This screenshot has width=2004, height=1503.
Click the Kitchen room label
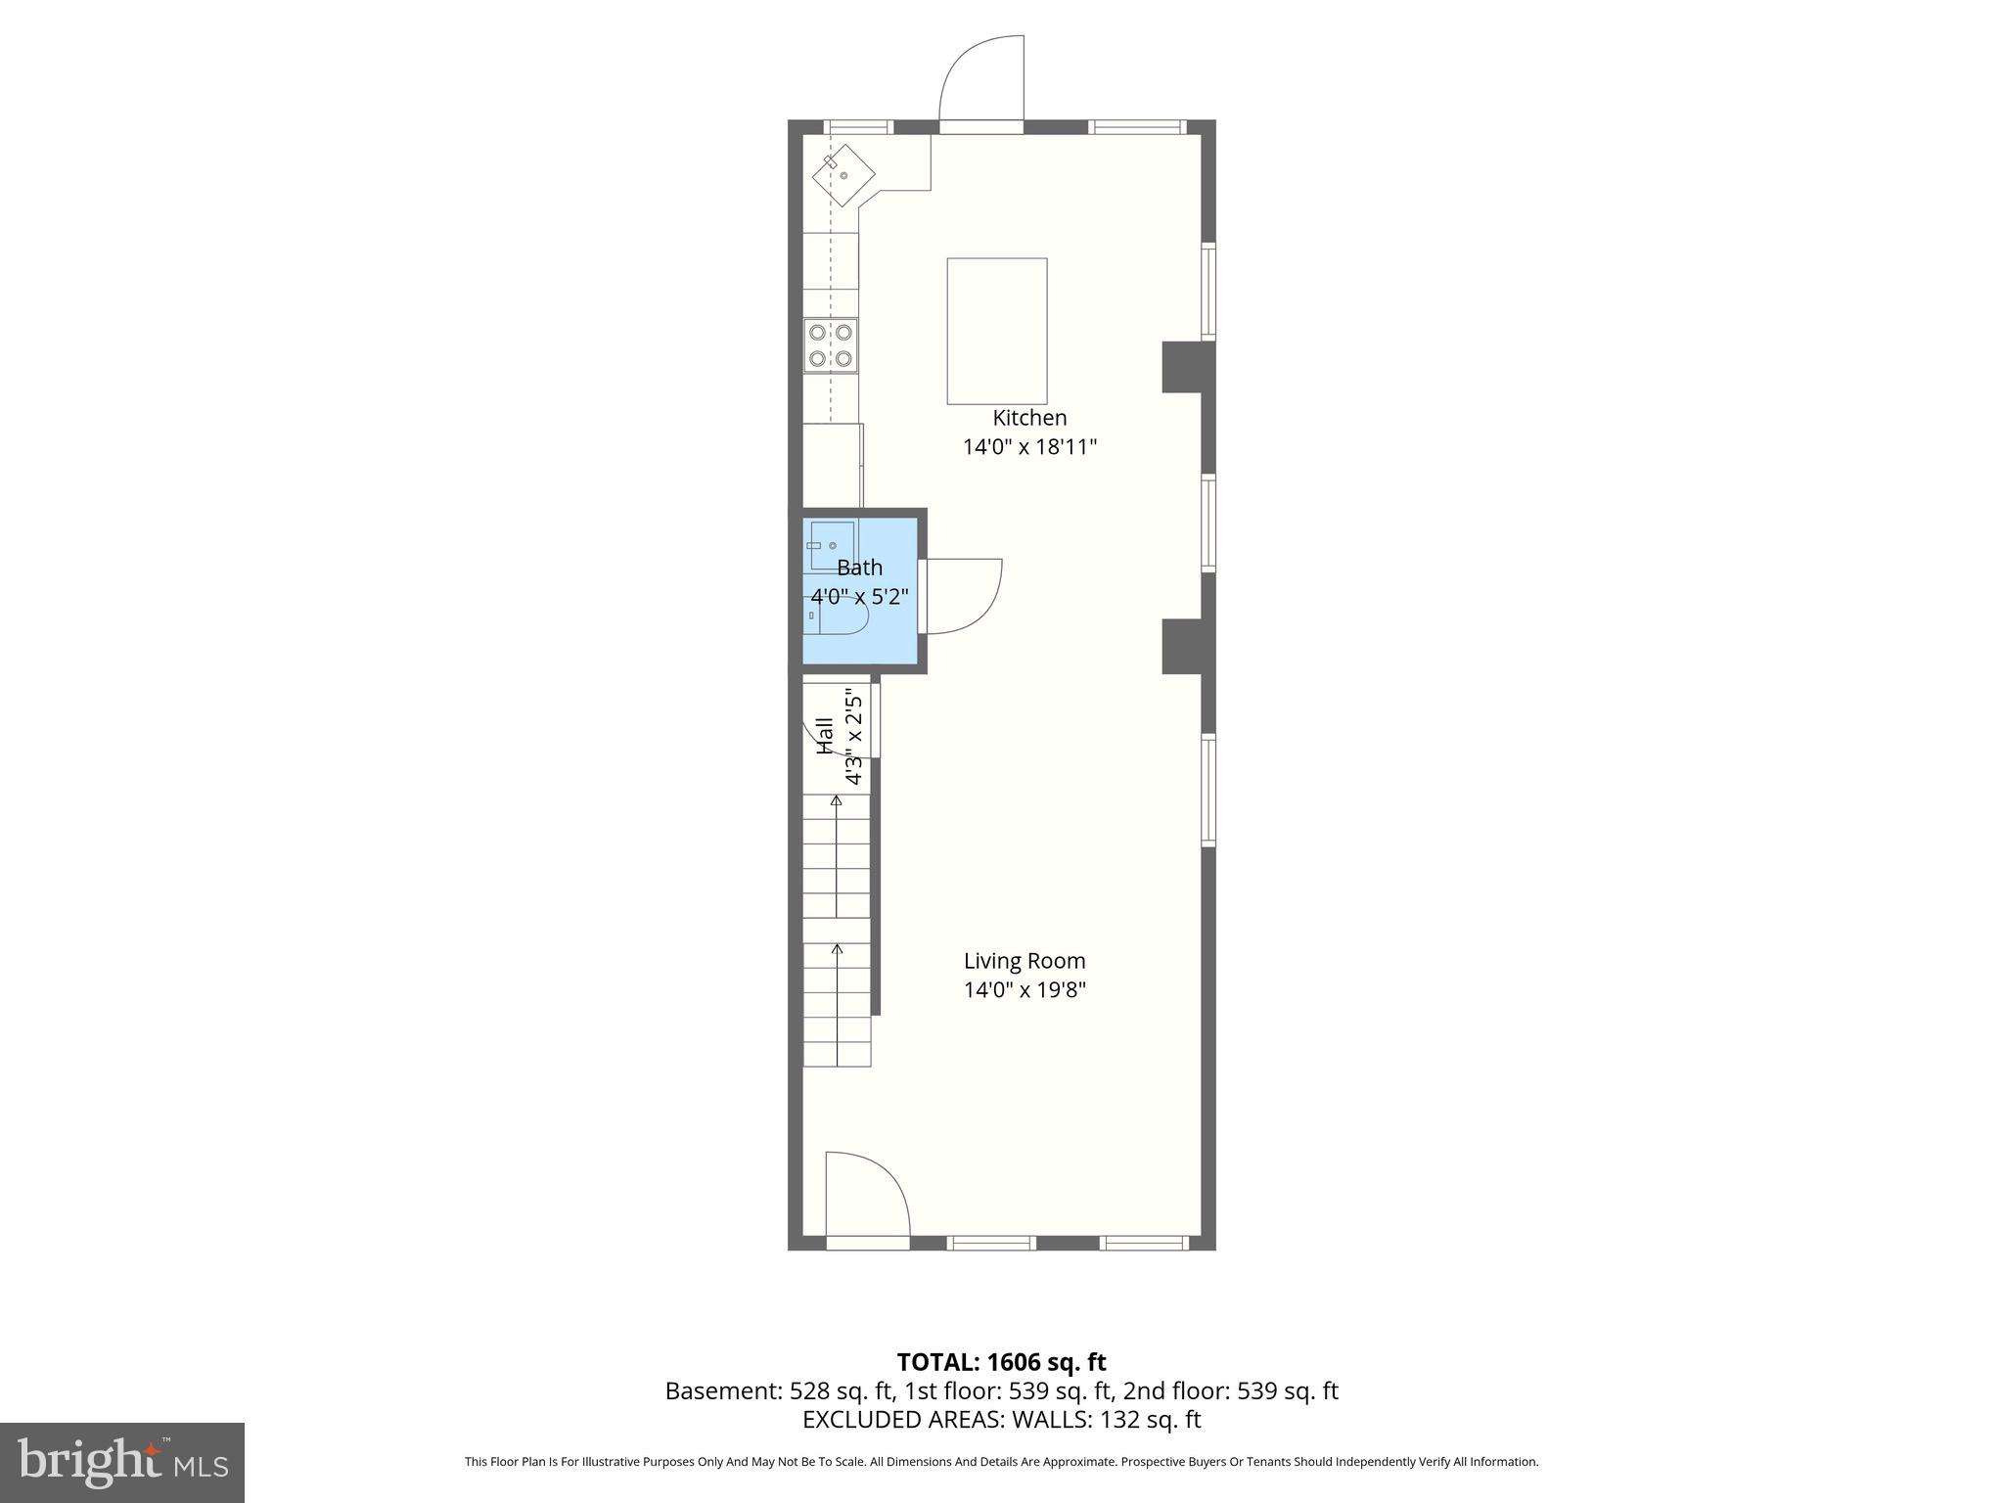tap(1029, 418)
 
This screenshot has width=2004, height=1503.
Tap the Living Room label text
tap(1025, 961)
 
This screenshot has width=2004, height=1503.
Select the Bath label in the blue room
tap(859, 568)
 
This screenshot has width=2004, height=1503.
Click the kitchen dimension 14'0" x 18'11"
tap(1029, 447)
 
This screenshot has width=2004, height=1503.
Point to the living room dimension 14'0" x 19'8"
tap(1025, 989)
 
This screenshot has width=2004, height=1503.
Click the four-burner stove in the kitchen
tap(831, 345)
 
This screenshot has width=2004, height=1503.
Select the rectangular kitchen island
tap(996, 331)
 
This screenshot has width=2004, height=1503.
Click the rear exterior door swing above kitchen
tap(980, 78)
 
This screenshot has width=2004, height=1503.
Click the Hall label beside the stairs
tap(825, 736)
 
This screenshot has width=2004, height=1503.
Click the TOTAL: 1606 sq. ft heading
tap(1001, 1362)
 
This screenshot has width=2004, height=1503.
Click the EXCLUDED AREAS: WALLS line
tap(1001, 1419)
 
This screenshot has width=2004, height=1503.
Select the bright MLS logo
tap(122, 1463)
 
